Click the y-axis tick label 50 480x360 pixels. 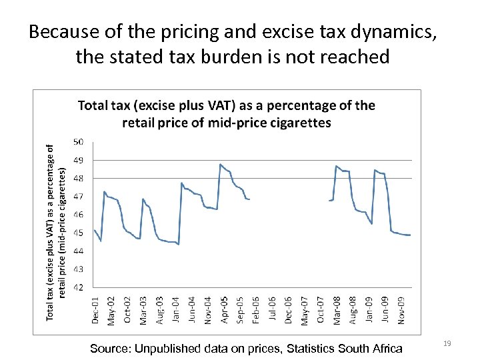(x=78, y=142)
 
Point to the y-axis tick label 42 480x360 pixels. (x=78, y=287)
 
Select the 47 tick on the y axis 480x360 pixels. (x=78, y=197)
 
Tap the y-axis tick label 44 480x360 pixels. (x=78, y=251)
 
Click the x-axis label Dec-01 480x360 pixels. (x=95, y=310)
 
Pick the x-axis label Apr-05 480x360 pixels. (x=225, y=310)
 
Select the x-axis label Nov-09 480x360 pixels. (x=402, y=310)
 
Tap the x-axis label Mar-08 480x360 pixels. (x=337, y=310)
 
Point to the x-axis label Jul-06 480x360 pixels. (x=273, y=311)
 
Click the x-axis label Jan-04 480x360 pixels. (x=176, y=311)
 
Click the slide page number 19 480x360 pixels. (x=447, y=343)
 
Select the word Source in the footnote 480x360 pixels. (x=110, y=348)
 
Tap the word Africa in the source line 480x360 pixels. (x=385, y=348)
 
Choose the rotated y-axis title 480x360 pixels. (x=57, y=232)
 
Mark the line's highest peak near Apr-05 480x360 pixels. (x=220, y=164)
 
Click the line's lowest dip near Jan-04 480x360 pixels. (x=179, y=244)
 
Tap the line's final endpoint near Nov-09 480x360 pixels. (x=410, y=235)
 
